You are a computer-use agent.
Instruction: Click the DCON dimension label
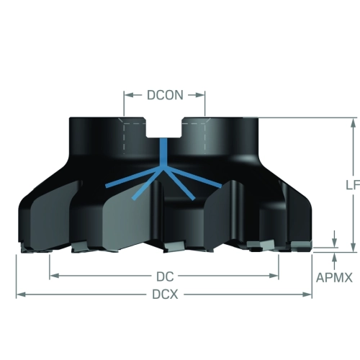tap(165, 95)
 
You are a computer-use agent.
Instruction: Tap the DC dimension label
tap(165, 276)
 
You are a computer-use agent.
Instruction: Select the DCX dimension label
tap(165, 294)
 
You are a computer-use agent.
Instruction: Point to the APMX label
tap(334, 278)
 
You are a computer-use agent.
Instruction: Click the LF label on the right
tap(353, 185)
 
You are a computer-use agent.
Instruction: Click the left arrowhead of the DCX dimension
tap(21, 294)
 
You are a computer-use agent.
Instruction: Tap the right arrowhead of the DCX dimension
tap(307, 294)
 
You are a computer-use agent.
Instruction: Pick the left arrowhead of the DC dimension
tap(54, 276)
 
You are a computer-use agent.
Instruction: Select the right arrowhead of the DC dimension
tap(274, 276)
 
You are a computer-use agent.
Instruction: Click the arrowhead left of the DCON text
tap(129, 95)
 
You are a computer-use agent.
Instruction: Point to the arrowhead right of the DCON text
tap(200, 95)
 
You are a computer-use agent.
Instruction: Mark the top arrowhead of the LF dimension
tap(353, 122)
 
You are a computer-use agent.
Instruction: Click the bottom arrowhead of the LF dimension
tap(353, 248)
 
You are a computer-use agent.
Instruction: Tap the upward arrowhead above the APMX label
tap(335, 257)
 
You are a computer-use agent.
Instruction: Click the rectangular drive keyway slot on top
tap(164, 127)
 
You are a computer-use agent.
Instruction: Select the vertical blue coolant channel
tap(163, 153)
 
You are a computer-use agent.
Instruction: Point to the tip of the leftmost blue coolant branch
tap(107, 186)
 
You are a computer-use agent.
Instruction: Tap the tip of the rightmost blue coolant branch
tap(221, 186)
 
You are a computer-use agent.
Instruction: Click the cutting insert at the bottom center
tap(174, 246)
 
